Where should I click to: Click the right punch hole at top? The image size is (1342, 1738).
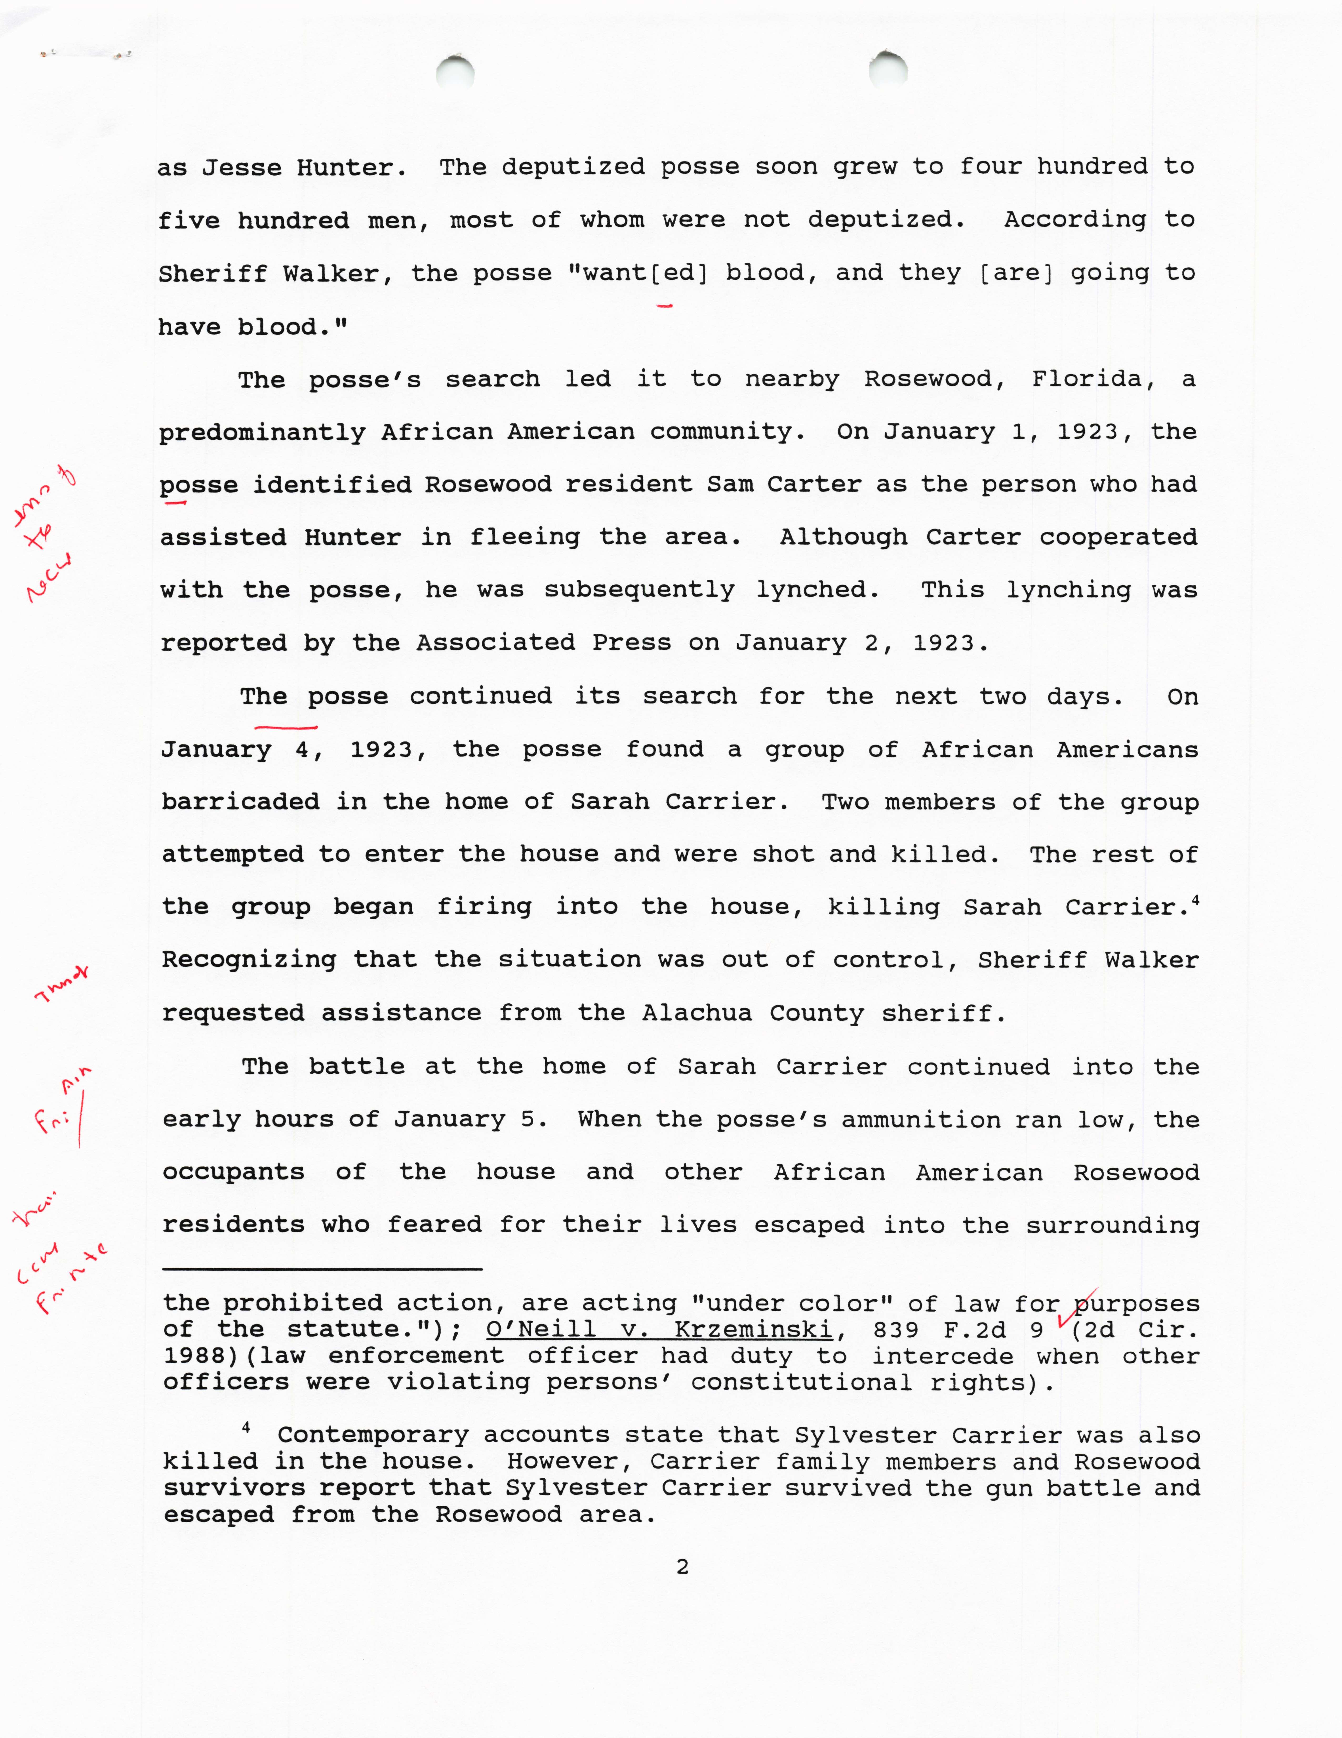click(x=888, y=69)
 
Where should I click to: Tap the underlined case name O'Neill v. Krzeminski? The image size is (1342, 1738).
click(x=660, y=1330)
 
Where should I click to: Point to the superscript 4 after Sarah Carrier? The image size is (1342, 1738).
click(x=1195, y=900)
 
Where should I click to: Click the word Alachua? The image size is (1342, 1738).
click(x=697, y=1013)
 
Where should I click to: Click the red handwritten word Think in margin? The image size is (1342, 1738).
click(x=62, y=983)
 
